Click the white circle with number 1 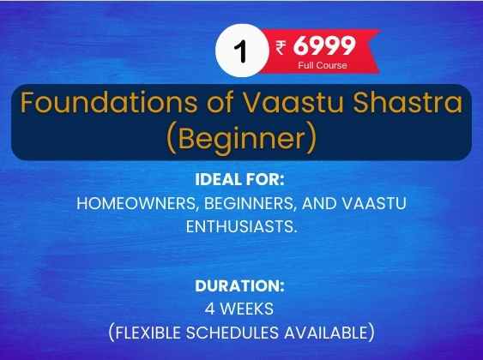tap(242, 51)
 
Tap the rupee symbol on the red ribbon tap(281, 48)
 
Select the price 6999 tap(324, 45)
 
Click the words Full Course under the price tap(323, 65)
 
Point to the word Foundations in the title tap(109, 102)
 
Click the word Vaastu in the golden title tap(293, 102)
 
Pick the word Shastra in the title tap(408, 102)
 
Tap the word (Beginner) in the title tap(242, 139)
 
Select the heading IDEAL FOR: tap(239, 180)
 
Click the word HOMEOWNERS tap(136, 204)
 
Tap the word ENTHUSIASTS tap(242, 227)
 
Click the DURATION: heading tap(239, 285)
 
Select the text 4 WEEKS tap(239, 309)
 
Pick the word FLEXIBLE tap(145, 333)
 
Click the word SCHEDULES tap(232, 333)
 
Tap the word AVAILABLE tap(329, 333)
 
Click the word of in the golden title tap(220, 102)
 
